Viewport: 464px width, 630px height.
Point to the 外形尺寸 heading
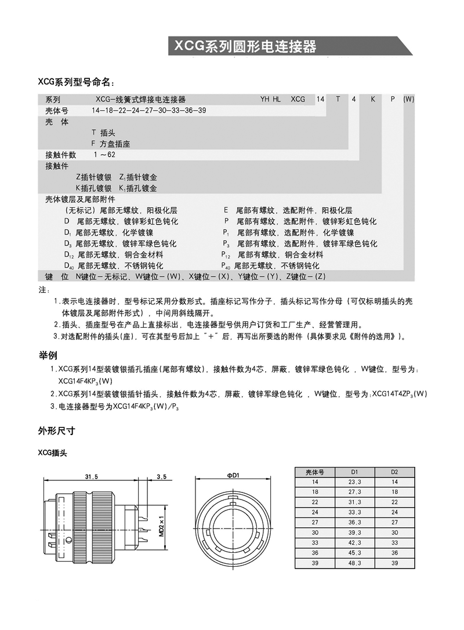pos(56,431)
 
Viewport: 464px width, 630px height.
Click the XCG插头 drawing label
pos(53,452)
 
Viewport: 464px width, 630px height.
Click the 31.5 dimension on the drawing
pos(92,476)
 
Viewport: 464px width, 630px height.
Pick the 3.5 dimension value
pos(161,476)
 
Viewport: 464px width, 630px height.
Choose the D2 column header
pos(394,472)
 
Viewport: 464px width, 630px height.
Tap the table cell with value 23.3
pos(354,482)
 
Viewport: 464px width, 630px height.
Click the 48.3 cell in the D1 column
pos(354,563)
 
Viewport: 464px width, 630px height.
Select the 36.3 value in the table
pos(354,522)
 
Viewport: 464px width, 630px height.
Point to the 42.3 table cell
pos(354,542)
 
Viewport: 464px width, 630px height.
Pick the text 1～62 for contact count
pos(105,155)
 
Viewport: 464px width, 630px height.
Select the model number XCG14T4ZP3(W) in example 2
pos(400,394)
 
